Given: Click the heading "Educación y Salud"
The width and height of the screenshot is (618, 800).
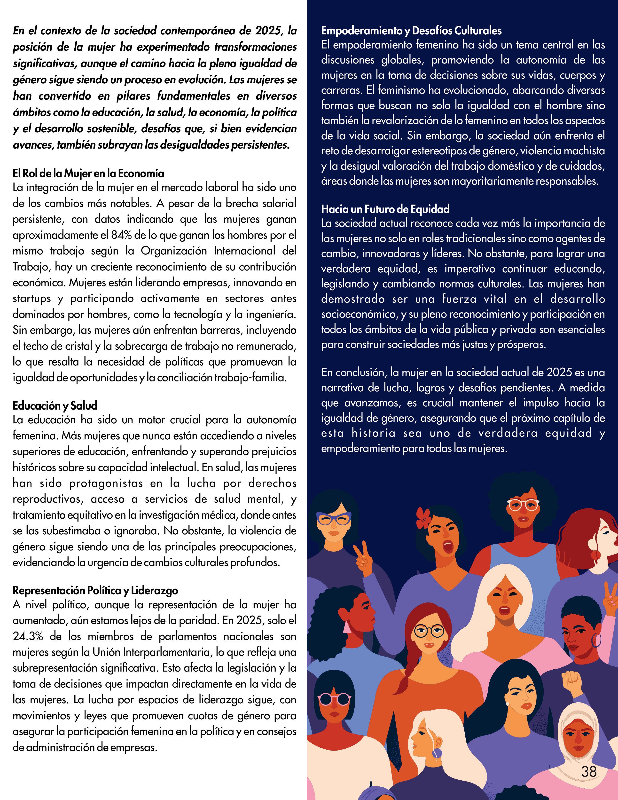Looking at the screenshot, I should [x=55, y=405].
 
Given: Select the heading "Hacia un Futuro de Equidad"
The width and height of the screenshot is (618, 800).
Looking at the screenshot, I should [x=385, y=209].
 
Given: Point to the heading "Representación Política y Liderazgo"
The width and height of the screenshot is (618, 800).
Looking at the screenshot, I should [x=95, y=590].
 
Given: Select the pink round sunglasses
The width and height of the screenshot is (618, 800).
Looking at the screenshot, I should [x=335, y=700].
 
